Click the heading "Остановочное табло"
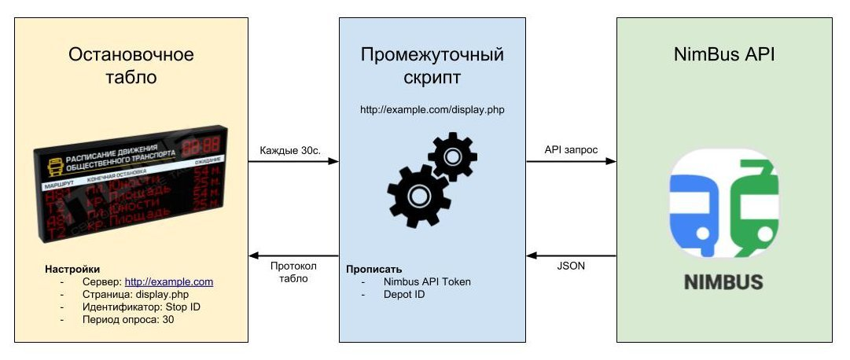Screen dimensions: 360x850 click(131, 66)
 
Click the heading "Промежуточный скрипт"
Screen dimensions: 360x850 click(432, 66)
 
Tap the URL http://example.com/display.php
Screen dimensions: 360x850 click(432, 110)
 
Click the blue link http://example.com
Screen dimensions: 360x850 click(169, 281)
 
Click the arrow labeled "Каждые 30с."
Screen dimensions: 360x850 click(293, 162)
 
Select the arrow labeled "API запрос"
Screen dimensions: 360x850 click(571, 162)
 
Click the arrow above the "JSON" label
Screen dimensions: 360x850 click(571, 255)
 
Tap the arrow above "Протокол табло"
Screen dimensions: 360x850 click(293, 255)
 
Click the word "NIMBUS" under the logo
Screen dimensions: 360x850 click(722, 281)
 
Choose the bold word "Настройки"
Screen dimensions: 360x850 click(72, 269)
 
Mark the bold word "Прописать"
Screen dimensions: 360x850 click(374, 269)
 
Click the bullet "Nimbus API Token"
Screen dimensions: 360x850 click(427, 281)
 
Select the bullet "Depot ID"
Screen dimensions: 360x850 click(405, 294)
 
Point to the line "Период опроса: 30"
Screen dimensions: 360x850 click(128, 319)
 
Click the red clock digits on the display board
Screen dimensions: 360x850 click(201, 147)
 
